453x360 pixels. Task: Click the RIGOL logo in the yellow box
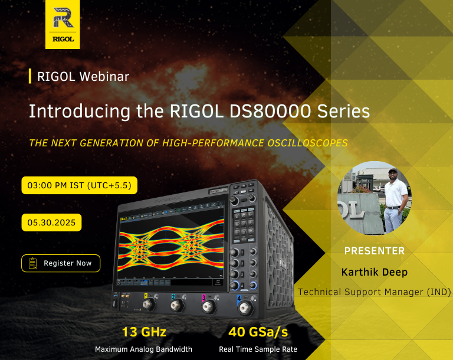pos(63,24)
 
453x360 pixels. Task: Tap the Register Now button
pos(61,263)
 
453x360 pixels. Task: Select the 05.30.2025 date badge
pos(51,222)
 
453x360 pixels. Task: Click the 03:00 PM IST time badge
pos(79,185)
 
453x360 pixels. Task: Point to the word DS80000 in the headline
pos(270,111)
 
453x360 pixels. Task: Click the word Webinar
pos(104,77)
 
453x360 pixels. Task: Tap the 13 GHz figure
pos(144,332)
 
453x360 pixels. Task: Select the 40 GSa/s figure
pos(258,332)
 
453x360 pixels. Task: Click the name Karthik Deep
pos(375,272)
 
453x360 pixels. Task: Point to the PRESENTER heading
pos(375,251)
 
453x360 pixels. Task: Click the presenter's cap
pos(393,171)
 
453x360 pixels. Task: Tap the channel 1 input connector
pos(149,305)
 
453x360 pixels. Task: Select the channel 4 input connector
pos(246,308)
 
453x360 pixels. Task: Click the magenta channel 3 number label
pos(203,297)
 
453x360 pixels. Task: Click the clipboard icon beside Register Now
pos(33,263)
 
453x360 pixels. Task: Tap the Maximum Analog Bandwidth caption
pos(143,349)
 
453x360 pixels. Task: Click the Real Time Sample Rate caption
pos(258,349)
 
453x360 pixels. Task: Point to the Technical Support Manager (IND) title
pos(375,292)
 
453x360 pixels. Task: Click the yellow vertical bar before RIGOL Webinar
pos(30,76)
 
